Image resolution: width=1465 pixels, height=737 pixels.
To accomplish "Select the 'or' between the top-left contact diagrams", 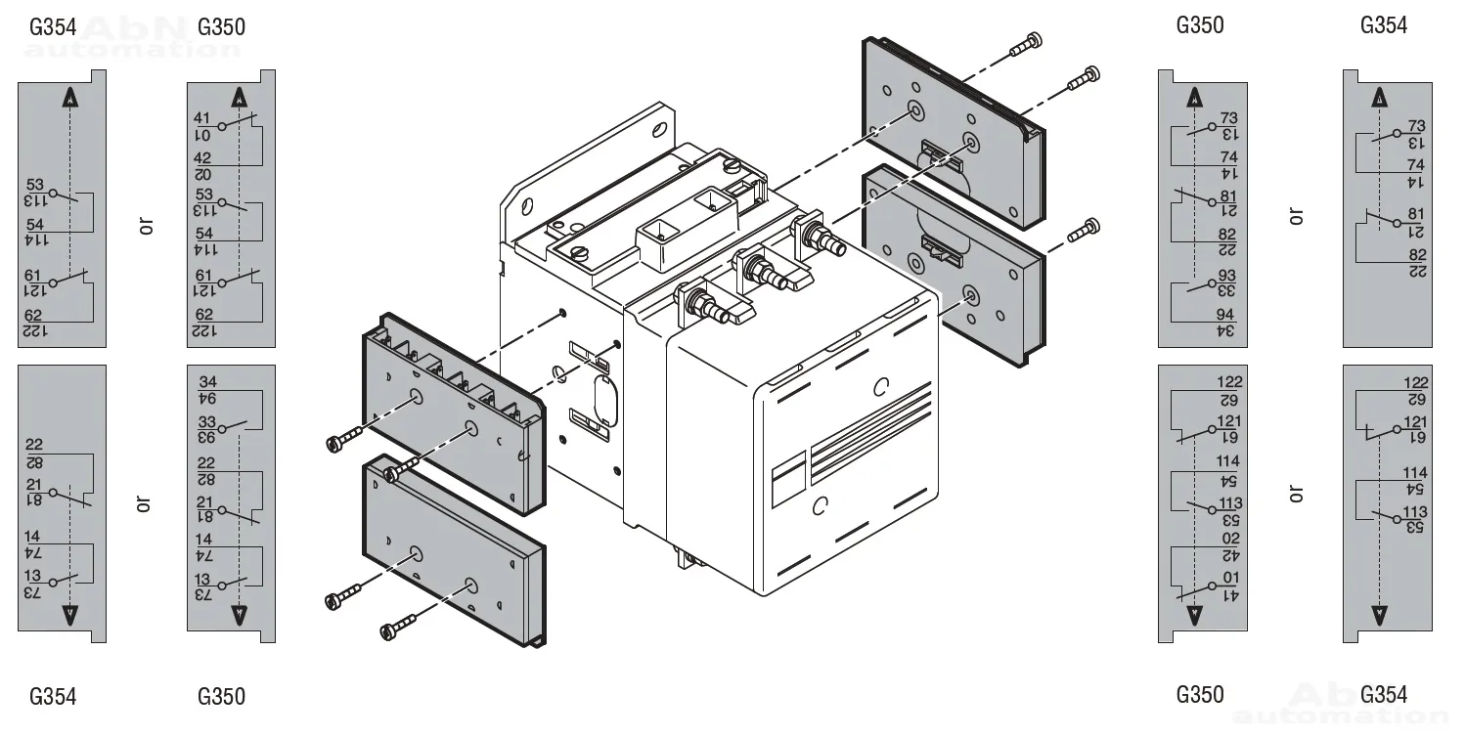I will pos(147,226).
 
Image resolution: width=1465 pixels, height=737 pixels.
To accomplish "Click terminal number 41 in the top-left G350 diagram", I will pos(203,118).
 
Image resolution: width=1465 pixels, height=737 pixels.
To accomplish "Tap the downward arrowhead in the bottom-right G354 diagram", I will pos(1379,614).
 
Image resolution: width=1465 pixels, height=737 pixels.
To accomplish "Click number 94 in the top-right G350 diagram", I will pos(1226,315).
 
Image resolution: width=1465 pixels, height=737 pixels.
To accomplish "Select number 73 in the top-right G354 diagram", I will pos(1416,126).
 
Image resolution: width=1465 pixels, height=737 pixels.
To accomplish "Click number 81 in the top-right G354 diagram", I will pos(1416,214).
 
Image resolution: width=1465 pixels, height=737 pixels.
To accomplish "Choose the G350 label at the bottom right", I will pos(1199,695).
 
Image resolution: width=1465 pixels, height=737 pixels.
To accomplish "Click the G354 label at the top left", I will pos(53,26).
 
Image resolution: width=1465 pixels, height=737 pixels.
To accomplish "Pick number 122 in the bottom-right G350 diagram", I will pos(1228,382).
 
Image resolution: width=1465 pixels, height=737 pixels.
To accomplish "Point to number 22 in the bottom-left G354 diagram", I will pos(34,446).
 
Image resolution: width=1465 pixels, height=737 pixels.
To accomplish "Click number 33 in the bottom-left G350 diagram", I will pos(206,421).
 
